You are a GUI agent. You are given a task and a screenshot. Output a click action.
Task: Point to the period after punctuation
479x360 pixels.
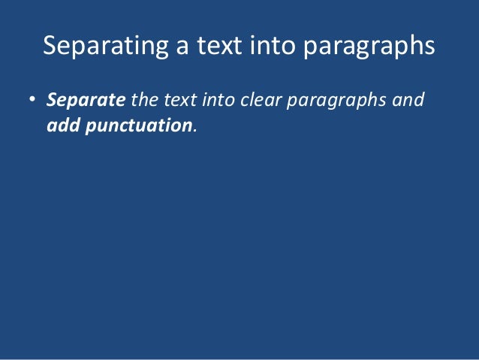point(195,129)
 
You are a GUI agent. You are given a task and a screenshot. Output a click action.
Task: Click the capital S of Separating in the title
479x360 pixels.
point(50,47)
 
